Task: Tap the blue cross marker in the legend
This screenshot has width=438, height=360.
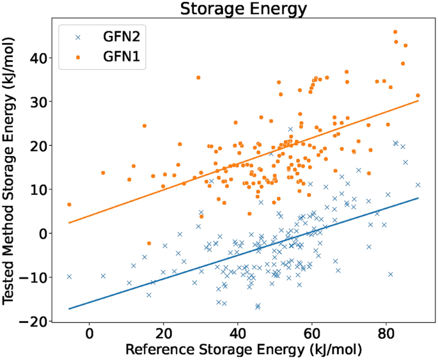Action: (x=78, y=37)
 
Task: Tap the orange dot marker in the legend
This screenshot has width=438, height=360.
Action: (x=78, y=59)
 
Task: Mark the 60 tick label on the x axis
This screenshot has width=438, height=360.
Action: (x=311, y=334)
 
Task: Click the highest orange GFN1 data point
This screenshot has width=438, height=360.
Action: (x=395, y=31)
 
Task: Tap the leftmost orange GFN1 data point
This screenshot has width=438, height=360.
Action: (x=69, y=205)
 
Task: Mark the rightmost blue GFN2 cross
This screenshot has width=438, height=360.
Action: (x=418, y=185)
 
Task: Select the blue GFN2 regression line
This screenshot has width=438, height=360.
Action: (x=256, y=249)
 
